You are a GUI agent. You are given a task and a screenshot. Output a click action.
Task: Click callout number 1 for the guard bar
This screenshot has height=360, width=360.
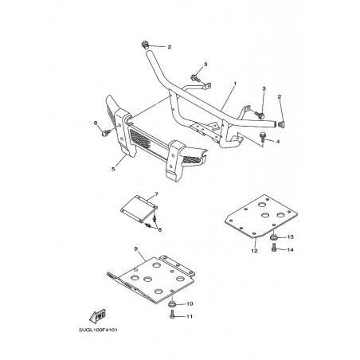point(235,84)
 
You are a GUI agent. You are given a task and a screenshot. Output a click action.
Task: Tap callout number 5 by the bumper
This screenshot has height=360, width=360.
point(113,169)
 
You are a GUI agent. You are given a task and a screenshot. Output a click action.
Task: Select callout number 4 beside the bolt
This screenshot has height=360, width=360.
point(278,142)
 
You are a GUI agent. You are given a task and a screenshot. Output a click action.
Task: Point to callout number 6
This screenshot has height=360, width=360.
point(96,123)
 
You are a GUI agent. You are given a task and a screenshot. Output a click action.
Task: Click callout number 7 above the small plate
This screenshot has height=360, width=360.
point(156,194)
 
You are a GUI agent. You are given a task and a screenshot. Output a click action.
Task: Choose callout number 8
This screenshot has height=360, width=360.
point(159,230)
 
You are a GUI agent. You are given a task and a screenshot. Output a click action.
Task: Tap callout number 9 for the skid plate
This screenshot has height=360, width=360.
point(135,249)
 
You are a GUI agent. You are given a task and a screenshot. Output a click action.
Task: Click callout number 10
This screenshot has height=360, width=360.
point(190,303)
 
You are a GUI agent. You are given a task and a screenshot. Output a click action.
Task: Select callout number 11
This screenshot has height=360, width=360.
point(190,316)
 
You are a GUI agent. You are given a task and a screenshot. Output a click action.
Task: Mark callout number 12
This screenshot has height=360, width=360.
point(254,251)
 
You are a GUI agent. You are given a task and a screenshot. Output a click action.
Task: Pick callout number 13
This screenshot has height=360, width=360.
point(291,237)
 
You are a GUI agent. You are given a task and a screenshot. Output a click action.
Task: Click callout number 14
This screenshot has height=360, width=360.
point(291,249)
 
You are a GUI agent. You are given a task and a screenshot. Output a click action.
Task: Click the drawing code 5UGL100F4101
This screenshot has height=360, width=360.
point(98,331)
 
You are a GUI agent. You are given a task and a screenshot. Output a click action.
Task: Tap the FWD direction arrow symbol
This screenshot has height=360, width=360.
point(98,315)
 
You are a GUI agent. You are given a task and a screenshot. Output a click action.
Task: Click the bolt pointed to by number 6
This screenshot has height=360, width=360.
point(105,132)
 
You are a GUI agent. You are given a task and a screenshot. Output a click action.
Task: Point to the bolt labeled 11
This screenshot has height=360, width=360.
point(172,315)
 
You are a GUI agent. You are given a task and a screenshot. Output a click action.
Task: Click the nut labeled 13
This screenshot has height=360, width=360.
point(274,237)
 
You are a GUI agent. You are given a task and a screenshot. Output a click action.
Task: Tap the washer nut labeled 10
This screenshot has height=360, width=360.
point(172,304)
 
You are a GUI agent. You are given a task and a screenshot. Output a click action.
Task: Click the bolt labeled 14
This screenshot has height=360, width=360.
point(274,248)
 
